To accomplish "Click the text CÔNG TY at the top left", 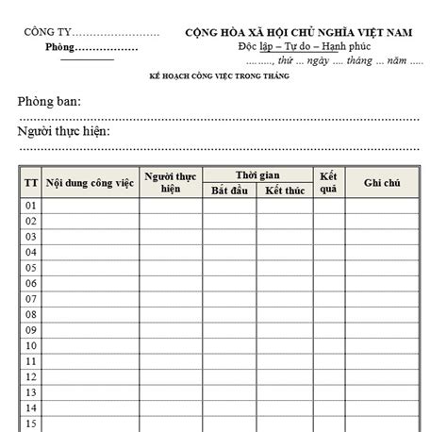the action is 46,32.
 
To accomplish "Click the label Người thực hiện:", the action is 64,131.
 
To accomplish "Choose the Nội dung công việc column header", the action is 91,182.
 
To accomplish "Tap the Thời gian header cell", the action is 258,174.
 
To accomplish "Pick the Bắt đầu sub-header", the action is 229,191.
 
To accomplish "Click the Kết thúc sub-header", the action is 284,191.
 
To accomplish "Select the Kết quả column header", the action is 328,182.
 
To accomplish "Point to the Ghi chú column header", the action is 383,182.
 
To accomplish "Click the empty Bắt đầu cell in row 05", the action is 229,268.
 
